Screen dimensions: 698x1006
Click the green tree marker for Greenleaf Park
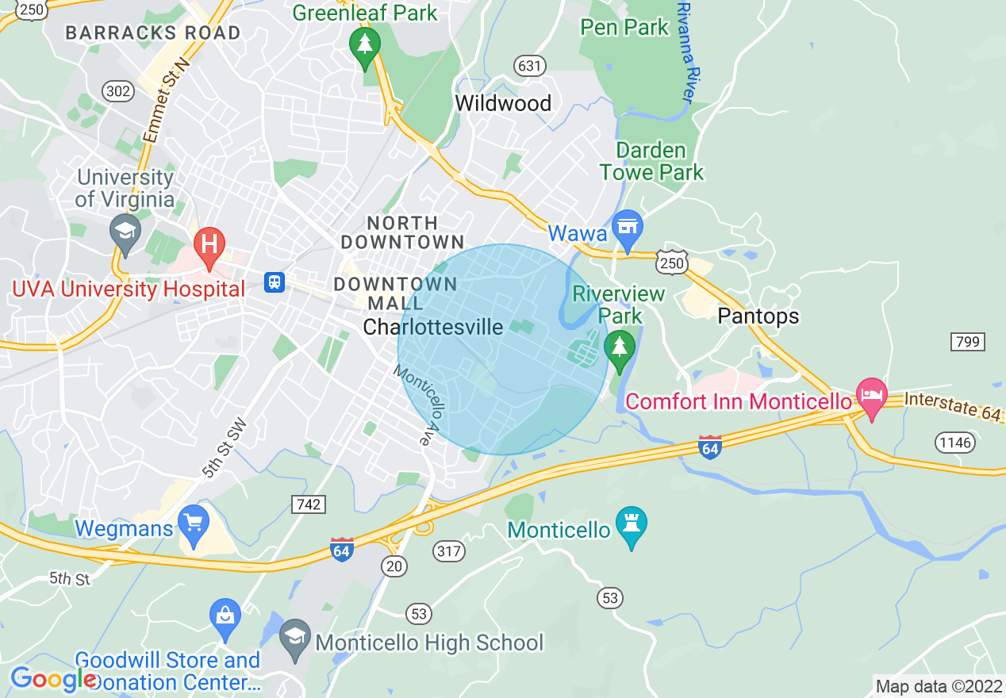pyautogui.click(x=365, y=45)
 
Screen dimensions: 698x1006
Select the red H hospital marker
pyautogui.click(x=210, y=243)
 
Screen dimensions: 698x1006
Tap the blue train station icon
pyautogui.click(x=275, y=282)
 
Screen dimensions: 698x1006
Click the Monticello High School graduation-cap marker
pyautogui.click(x=295, y=636)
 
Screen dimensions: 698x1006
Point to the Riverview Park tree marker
pyautogui.click(x=619, y=347)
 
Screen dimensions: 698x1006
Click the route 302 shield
pyautogui.click(x=118, y=91)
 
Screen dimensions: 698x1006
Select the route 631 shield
pyautogui.click(x=529, y=65)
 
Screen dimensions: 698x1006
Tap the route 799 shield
pyautogui.click(x=968, y=342)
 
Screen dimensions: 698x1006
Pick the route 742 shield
pyautogui.click(x=309, y=504)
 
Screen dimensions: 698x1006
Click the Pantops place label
pyautogui.click(x=758, y=316)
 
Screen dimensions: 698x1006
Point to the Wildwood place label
pyautogui.click(x=503, y=103)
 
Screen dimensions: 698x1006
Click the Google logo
pyautogui.click(x=52, y=679)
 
